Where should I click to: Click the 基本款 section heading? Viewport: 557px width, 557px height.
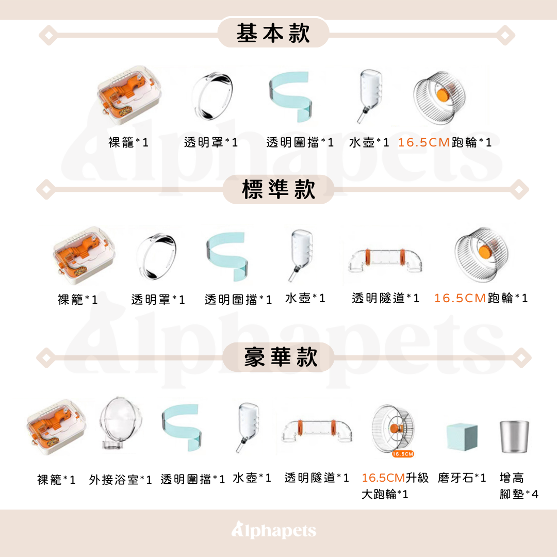273,34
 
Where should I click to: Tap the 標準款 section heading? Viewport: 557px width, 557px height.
278,189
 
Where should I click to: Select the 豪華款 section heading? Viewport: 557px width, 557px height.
281,357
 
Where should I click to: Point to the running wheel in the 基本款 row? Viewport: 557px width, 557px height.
440,97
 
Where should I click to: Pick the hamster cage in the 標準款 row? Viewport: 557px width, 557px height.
84,255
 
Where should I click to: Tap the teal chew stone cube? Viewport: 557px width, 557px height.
462,437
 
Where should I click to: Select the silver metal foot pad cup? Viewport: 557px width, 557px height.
514,437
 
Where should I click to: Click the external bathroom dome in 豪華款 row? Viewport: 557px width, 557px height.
120,423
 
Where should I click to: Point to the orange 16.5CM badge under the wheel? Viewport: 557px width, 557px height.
403,454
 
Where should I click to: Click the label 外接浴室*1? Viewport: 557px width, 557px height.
120,480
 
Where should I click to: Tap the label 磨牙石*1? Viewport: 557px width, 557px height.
462,478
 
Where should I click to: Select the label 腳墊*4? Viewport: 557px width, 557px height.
519,494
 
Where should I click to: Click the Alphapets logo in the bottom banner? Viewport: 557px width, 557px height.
273,530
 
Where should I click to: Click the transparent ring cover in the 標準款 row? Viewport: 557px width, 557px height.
156,256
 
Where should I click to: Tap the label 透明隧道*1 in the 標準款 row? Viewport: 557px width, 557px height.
386,298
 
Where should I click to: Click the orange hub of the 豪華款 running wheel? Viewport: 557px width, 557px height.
395,429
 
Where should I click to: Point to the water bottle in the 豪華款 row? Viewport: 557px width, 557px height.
248,427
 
